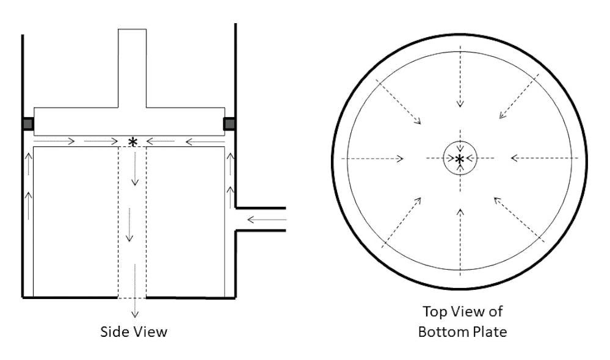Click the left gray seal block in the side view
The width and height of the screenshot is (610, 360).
[27, 124]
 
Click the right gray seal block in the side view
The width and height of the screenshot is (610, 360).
[230, 124]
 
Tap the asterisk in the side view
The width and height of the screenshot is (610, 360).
[132, 142]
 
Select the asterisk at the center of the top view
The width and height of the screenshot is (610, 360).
[460, 159]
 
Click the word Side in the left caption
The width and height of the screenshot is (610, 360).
[114, 332]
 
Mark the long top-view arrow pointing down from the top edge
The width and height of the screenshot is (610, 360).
[460, 85]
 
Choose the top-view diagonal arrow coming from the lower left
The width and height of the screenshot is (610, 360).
[401, 222]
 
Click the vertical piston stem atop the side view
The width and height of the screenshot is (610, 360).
[132, 67]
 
